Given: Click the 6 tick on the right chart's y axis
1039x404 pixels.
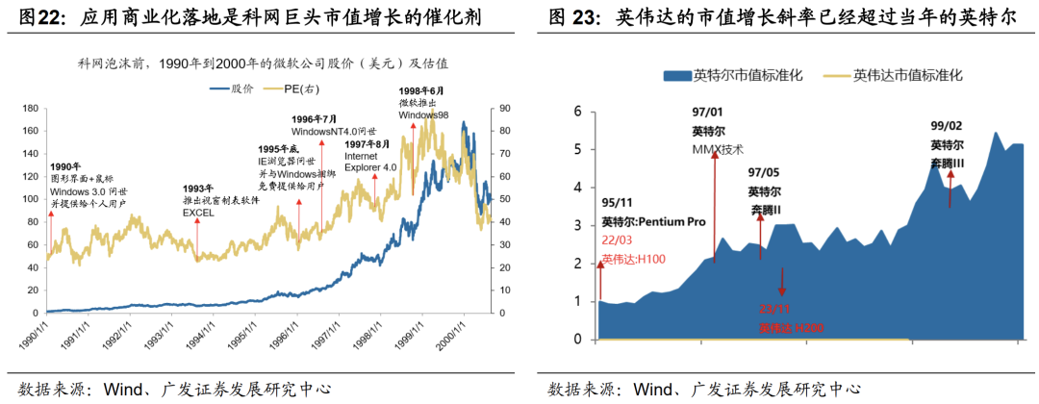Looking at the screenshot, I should [x=577, y=112].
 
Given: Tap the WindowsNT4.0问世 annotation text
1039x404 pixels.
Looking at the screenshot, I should [x=327, y=131].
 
